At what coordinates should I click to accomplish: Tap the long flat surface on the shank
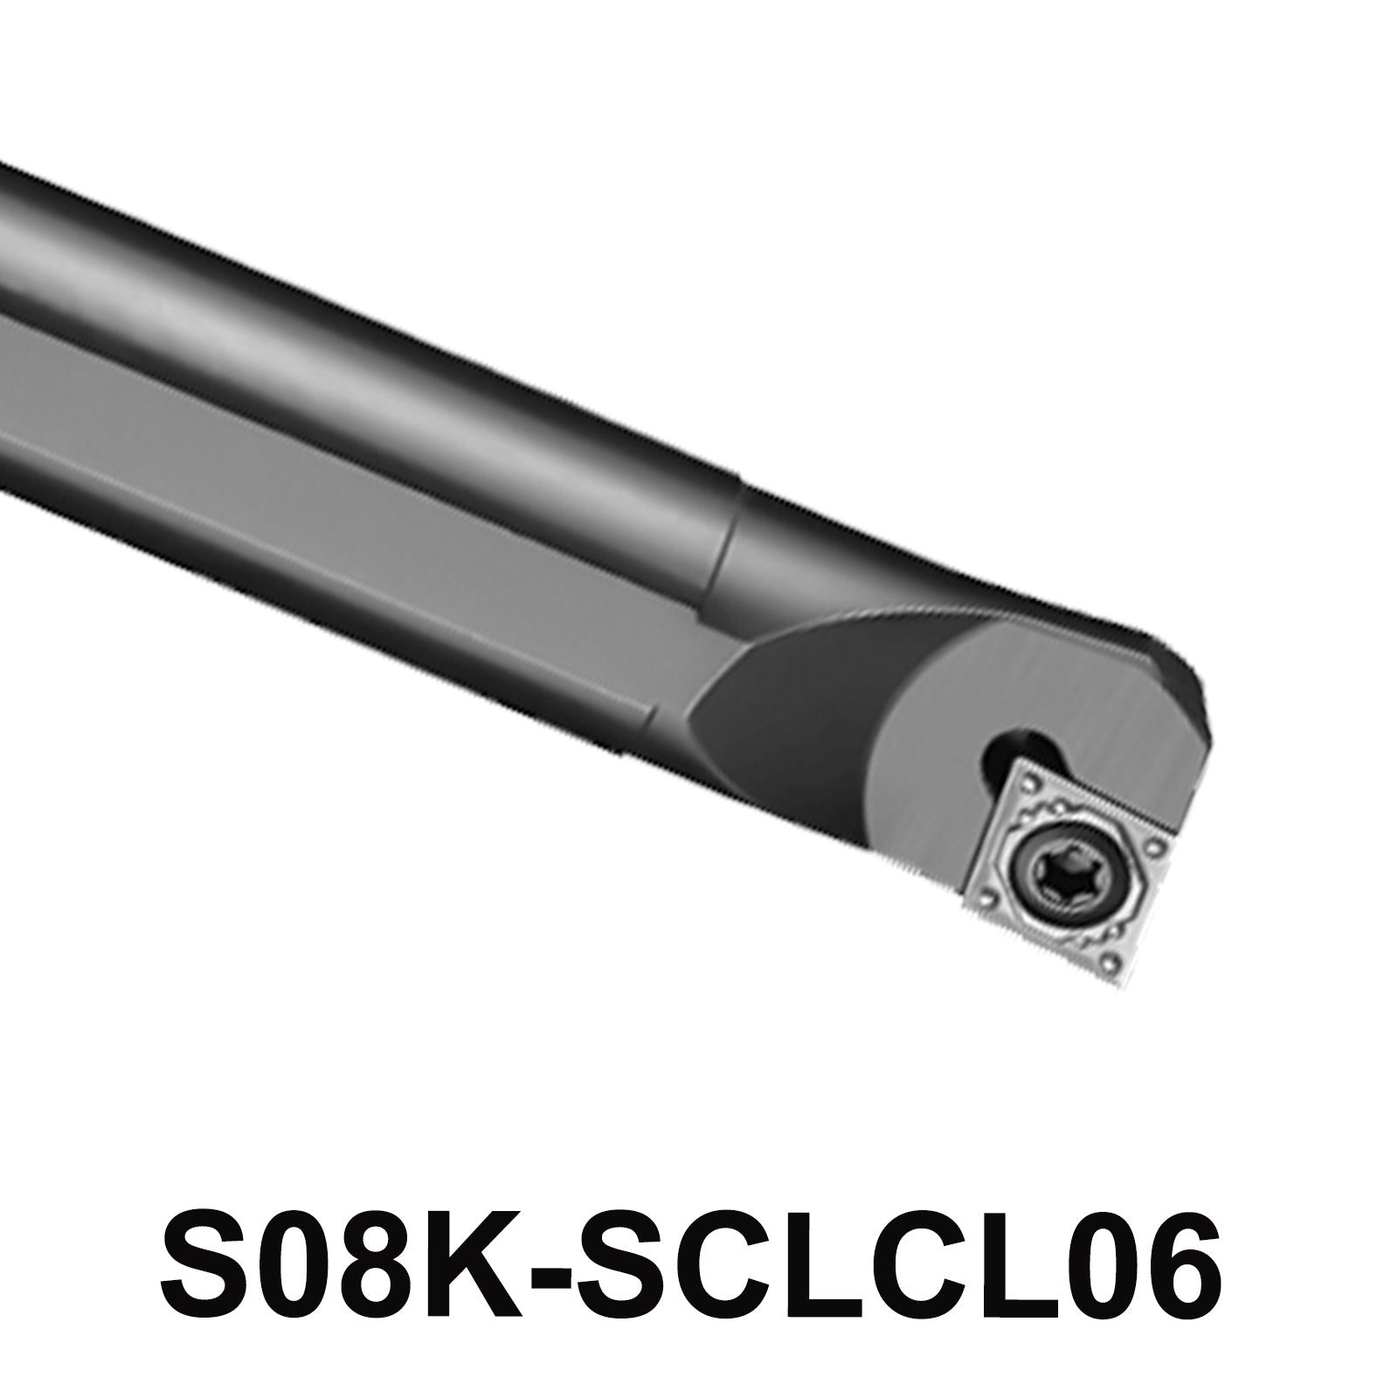pyautogui.click(x=349, y=489)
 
